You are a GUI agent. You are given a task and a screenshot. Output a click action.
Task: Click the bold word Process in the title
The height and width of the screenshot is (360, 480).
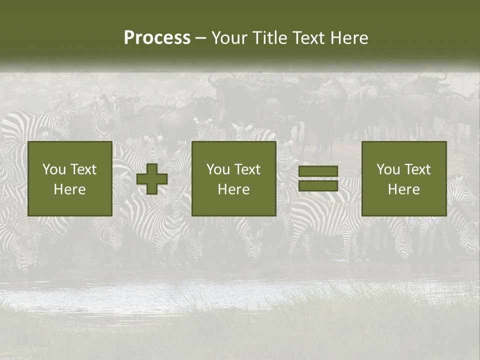click(157, 38)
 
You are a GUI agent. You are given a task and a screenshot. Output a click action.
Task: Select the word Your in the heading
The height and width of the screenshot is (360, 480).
click(229, 38)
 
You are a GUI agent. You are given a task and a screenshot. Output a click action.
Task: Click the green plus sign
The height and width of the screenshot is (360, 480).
click(152, 179)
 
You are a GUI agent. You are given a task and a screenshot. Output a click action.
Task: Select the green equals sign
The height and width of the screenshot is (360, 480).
click(318, 178)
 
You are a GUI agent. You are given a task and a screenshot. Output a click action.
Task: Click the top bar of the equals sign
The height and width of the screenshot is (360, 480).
click(318, 171)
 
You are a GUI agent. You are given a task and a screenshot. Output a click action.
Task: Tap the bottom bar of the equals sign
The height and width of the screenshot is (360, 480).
click(318, 185)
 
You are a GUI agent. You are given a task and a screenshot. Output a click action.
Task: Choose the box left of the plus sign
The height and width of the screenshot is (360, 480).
click(70, 178)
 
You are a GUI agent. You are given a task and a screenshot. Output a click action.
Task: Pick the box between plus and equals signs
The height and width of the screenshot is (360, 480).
click(234, 178)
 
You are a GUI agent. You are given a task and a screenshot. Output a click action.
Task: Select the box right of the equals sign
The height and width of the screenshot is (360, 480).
click(404, 178)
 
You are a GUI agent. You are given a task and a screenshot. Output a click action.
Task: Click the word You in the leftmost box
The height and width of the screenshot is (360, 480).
click(54, 169)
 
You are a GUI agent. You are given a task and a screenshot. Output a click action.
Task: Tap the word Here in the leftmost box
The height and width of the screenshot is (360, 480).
click(70, 189)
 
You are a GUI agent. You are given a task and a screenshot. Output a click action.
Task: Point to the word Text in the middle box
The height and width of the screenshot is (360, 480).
click(247, 169)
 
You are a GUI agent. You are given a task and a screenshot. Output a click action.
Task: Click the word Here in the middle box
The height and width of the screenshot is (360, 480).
click(234, 189)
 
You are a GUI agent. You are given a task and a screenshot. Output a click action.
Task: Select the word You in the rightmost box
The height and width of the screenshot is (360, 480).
click(388, 169)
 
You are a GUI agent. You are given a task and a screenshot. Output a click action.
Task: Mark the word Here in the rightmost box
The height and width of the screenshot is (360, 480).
click(404, 189)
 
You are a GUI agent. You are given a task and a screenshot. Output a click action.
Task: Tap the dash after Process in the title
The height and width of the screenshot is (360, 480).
click(200, 38)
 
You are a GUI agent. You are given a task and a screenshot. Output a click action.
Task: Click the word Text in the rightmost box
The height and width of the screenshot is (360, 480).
click(417, 169)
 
